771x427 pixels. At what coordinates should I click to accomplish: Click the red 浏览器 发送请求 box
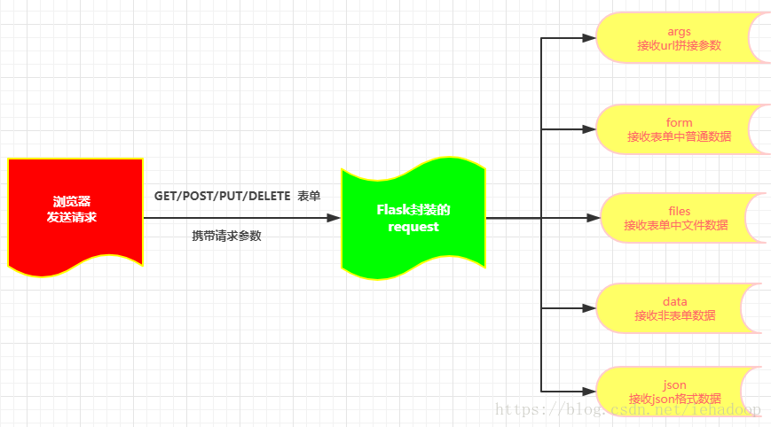point(75,213)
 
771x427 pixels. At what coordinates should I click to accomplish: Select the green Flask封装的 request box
point(413,217)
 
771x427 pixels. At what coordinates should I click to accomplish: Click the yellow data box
point(676,308)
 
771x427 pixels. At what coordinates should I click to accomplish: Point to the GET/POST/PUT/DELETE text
point(222,196)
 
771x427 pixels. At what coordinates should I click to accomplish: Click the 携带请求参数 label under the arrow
point(226,237)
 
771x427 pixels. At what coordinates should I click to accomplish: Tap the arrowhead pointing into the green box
point(334,217)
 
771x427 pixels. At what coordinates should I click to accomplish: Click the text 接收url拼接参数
point(679,45)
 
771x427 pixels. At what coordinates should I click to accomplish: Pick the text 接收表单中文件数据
point(676,225)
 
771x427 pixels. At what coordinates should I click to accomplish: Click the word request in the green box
point(413,228)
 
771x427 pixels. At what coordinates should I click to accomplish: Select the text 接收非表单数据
point(675,315)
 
